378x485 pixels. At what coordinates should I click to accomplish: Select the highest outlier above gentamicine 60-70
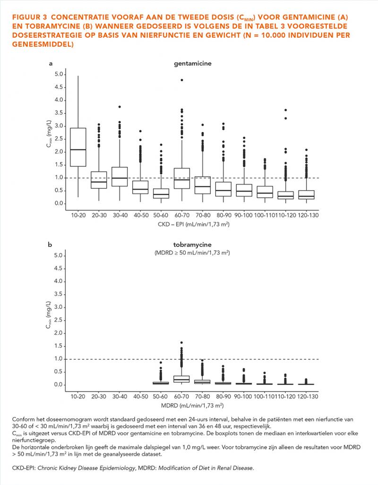click(x=182, y=80)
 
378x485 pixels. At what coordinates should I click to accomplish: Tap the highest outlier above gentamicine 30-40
click(x=120, y=107)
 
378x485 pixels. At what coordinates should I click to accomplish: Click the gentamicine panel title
click(x=193, y=63)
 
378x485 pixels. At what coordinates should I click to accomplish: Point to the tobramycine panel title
click(x=192, y=245)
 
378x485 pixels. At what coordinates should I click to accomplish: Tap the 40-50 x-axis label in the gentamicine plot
click(x=141, y=215)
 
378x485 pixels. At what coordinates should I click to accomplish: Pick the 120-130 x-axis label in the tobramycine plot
click(x=308, y=397)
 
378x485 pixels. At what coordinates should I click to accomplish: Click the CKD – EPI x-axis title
click(x=194, y=224)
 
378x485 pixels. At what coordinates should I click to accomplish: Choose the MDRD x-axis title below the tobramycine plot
click(x=192, y=405)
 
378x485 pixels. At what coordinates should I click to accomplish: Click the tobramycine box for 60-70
click(x=182, y=379)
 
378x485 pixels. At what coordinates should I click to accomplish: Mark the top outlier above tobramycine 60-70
click(x=182, y=343)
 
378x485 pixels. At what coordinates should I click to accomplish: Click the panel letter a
click(x=51, y=64)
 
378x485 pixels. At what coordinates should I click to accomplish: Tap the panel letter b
click(x=50, y=245)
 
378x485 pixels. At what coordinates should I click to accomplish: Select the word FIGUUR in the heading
click(x=26, y=17)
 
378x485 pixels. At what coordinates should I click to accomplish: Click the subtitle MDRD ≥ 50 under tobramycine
click(x=192, y=253)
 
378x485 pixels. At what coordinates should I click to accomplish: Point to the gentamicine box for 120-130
click(x=306, y=195)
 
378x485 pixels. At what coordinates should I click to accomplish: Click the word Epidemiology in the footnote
click(x=117, y=468)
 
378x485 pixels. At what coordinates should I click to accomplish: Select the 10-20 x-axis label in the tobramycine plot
click(x=77, y=397)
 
